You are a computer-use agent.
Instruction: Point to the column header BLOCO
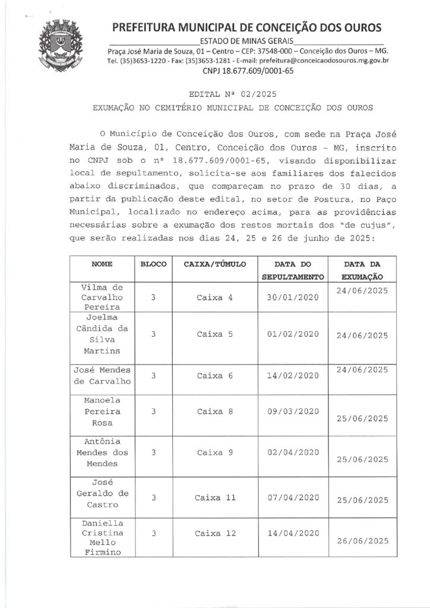click(153, 263)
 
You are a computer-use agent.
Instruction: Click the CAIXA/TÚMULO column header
click(214, 263)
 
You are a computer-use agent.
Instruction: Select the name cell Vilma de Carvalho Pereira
click(101, 297)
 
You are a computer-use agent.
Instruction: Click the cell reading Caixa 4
click(214, 297)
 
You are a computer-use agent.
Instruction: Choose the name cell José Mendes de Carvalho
click(101, 375)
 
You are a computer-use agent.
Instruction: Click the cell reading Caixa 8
click(214, 411)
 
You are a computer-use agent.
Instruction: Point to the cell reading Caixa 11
click(214, 497)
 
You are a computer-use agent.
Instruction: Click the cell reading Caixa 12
click(214, 533)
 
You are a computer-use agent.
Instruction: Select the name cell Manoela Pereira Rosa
click(101, 411)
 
